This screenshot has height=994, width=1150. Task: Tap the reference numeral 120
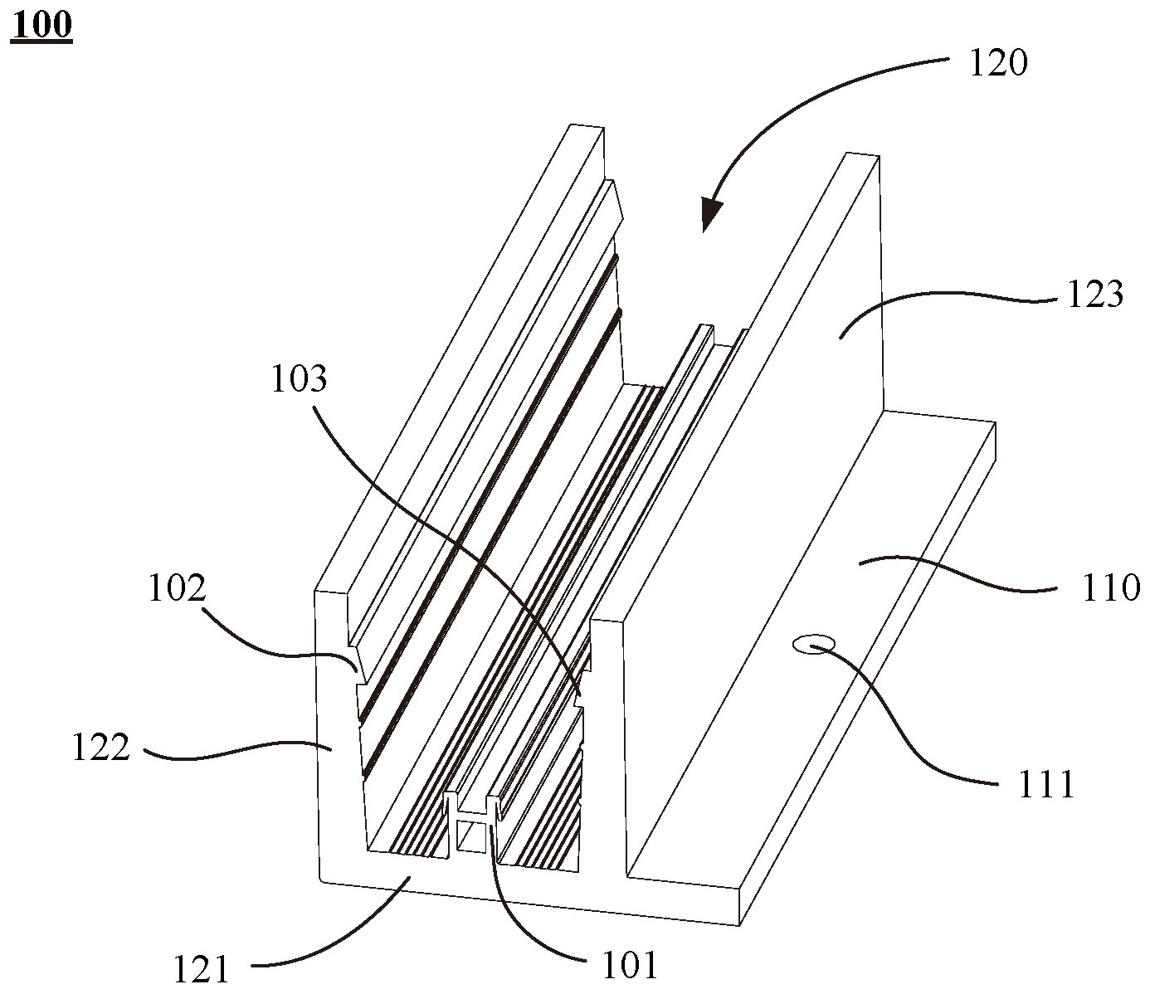pyautogui.click(x=999, y=63)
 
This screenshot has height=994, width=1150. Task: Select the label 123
pyautogui.click(x=1095, y=294)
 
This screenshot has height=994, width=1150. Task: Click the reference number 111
pyautogui.click(x=1047, y=783)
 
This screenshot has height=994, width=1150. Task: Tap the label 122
pyautogui.click(x=100, y=748)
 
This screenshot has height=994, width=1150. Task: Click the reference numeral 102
pyautogui.click(x=176, y=588)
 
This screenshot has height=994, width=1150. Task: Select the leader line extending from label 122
pyautogui.click(x=232, y=753)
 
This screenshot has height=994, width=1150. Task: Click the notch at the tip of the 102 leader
pyautogui.click(x=357, y=668)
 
